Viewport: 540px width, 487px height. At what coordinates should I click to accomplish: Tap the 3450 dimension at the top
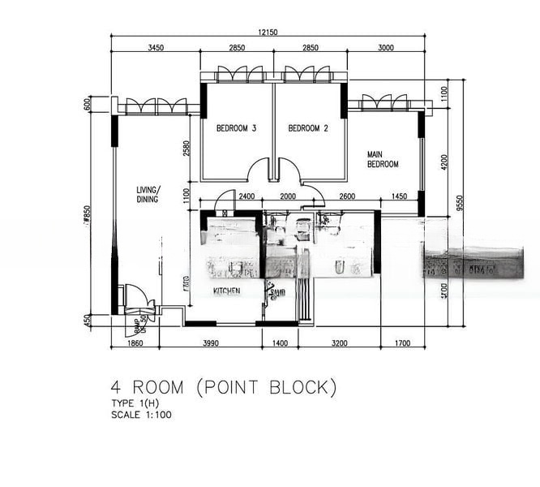coord(156,48)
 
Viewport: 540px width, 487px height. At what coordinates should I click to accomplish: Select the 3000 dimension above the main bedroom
coord(385,48)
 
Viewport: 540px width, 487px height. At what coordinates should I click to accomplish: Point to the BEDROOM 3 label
coord(236,128)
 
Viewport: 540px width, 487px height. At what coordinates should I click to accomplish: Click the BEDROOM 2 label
coord(308,128)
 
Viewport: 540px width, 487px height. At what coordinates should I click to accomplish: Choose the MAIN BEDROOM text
coord(383,159)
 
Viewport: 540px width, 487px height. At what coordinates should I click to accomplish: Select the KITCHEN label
coord(226,291)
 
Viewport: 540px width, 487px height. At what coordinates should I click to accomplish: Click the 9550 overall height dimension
coord(460,203)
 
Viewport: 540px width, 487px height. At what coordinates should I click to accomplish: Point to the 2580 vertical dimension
coord(186,148)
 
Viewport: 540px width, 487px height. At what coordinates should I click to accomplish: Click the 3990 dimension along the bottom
coord(210,343)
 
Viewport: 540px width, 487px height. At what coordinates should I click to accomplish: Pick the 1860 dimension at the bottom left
coord(135,343)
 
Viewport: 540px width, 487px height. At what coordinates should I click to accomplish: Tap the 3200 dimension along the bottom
coord(340,343)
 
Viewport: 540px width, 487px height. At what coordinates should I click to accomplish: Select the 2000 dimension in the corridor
coord(289,196)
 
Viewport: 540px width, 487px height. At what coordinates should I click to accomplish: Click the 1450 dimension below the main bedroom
coord(398,196)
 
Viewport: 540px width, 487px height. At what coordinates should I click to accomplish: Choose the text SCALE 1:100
coord(141,415)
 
